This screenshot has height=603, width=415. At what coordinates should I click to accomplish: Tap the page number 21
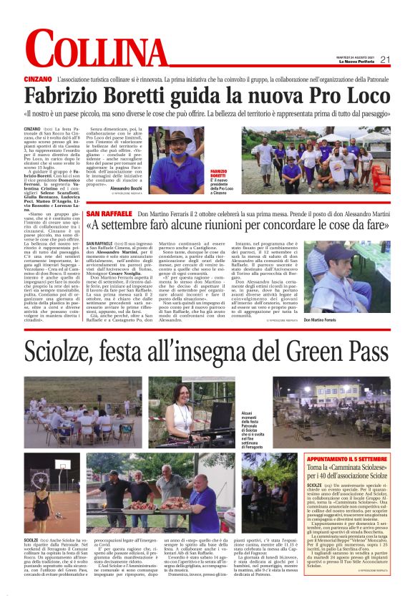point(384,59)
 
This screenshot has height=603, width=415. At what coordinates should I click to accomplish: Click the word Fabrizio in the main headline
point(65,96)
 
